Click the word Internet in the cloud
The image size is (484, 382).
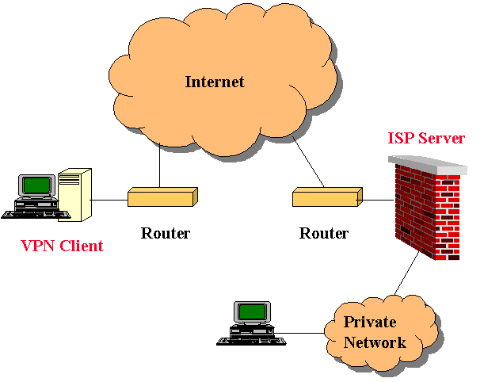tap(215, 82)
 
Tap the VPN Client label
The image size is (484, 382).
tap(62, 246)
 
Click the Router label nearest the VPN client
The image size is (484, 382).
tap(166, 233)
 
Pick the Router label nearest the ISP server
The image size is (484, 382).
tap(323, 233)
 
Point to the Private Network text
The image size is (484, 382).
tap(375, 333)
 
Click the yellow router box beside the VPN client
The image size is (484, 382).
tap(162, 196)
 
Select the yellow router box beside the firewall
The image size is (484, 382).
tap(326, 196)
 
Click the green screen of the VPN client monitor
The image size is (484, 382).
tap(36, 185)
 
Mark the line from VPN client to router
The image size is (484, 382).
tap(109, 200)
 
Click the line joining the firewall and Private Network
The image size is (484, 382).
tap(406, 281)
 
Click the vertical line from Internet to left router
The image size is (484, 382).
tap(160, 166)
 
